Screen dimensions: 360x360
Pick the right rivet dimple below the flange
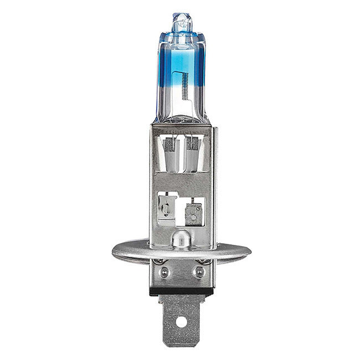click(197, 272)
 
